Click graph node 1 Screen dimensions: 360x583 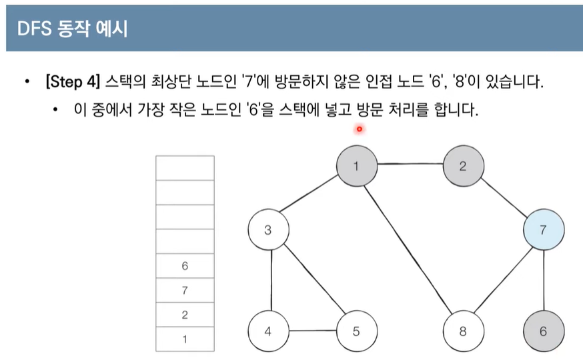pos(356,166)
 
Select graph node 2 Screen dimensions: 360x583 pos(463,166)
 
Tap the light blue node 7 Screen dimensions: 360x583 pos(544,231)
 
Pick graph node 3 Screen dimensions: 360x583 pos(268,231)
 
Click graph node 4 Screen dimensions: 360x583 pos(268,331)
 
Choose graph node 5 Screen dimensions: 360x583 pos(357,331)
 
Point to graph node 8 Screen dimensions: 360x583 pos(464,331)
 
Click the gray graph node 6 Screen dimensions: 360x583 pos(544,331)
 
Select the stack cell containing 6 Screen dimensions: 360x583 pos(185,266)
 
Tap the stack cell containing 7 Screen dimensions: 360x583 pos(185,291)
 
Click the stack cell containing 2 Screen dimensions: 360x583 pos(185,315)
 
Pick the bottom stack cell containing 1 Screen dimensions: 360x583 pos(185,339)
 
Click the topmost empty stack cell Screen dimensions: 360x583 pos(185,167)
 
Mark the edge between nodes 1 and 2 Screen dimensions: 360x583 pos(410,166)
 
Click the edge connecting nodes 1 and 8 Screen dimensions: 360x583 pos(410,248)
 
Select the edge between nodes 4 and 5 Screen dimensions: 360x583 pos(312,331)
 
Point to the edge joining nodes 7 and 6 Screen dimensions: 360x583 pos(544,281)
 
